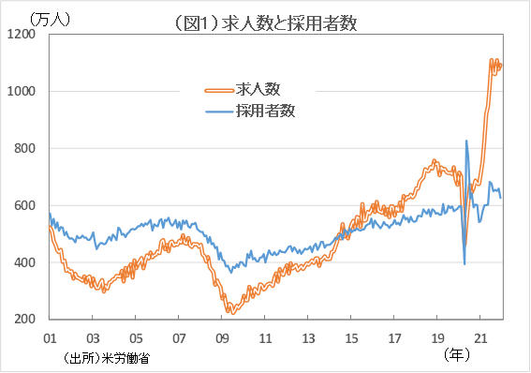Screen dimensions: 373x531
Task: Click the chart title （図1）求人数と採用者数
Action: [x=265, y=22]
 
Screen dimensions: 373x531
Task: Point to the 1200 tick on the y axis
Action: [x=22, y=34]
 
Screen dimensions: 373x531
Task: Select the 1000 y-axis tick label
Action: [x=22, y=91]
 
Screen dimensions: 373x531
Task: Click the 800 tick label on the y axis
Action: [x=25, y=148]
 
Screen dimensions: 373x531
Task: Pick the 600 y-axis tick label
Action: [x=25, y=205]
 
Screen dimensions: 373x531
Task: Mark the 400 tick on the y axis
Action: [x=25, y=262]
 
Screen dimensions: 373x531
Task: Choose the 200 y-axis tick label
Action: [x=25, y=320]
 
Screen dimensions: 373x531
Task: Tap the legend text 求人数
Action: [x=259, y=89]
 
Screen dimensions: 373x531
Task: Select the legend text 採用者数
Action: [x=266, y=111]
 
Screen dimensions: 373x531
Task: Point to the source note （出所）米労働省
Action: [x=107, y=358]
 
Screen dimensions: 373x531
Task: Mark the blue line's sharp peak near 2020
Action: [x=466, y=142]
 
